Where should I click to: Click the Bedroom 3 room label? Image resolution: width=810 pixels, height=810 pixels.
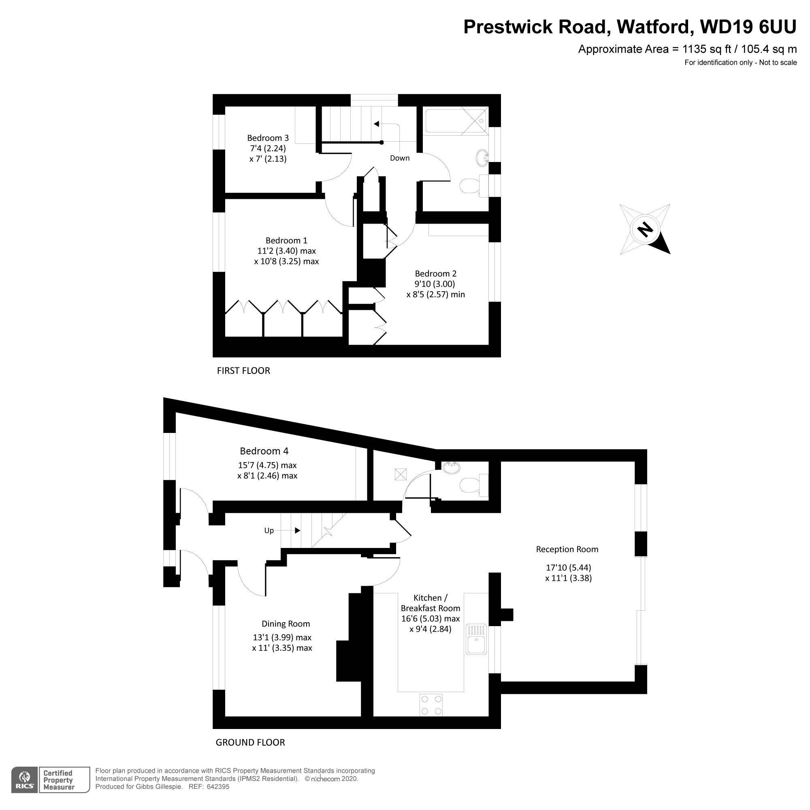coord(268,138)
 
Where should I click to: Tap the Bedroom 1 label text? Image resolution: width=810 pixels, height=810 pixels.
coord(286,241)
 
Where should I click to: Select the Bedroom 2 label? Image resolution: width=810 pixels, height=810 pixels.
coord(436,274)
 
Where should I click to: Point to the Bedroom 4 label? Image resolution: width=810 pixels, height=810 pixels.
coord(264,451)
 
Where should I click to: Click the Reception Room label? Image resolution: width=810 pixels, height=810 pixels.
coord(567,549)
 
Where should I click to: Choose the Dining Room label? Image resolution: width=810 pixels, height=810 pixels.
coord(286,624)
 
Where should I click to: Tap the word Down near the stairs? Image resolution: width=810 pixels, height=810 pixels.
coord(400,158)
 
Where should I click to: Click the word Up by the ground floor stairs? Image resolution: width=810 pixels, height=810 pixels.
coord(269,531)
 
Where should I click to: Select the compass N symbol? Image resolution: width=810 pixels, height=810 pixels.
coord(645,229)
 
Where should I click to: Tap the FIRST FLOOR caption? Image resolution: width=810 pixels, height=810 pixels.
coord(243,371)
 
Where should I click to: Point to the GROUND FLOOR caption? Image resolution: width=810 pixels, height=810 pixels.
coord(250,742)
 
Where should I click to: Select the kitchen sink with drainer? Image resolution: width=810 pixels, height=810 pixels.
coord(476,639)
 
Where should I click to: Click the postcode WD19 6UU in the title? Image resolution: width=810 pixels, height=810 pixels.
coord(748,27)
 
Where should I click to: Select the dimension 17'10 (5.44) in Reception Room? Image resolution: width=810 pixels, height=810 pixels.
coord(569,568)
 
